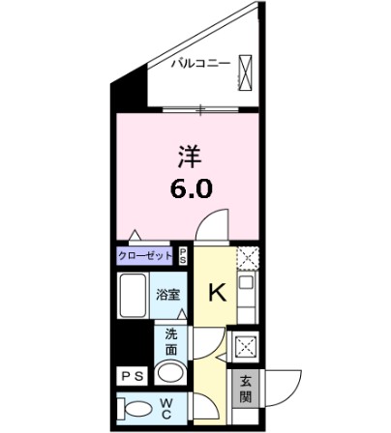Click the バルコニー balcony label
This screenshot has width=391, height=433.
[200, 65]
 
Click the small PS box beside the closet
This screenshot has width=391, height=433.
[183, 255]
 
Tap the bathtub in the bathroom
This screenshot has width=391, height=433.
[132, 294]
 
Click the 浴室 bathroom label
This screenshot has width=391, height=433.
[168, 295]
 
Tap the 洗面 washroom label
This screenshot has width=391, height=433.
[170, 340]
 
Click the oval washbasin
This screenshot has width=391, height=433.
[171, 374]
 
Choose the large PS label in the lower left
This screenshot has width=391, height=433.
[132, 375]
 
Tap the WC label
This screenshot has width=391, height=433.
[167, 406]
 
